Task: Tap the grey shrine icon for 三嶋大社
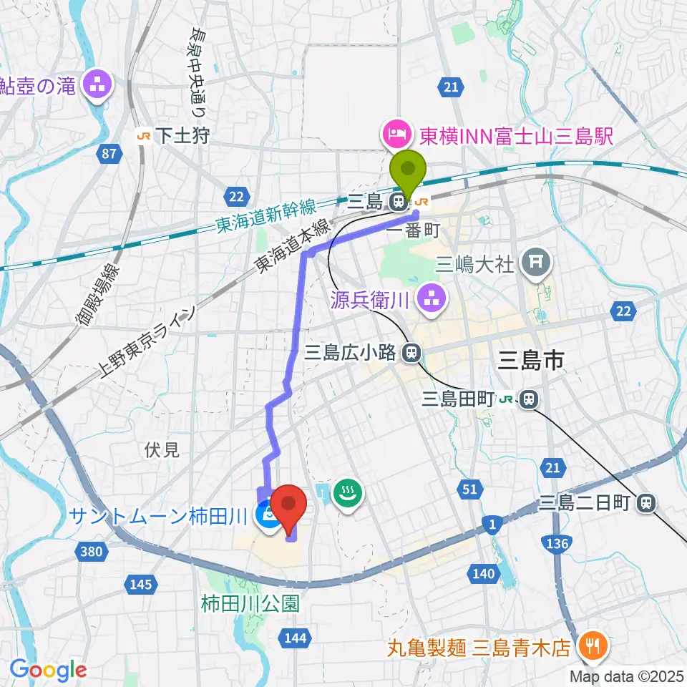536,265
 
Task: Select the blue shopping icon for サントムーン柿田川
269,514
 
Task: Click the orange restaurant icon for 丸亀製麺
593,648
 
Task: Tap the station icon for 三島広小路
411,352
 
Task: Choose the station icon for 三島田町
529,399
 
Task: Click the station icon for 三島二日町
646,503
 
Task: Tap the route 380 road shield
91,550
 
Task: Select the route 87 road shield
109,154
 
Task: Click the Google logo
48,670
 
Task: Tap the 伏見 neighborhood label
162,450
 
